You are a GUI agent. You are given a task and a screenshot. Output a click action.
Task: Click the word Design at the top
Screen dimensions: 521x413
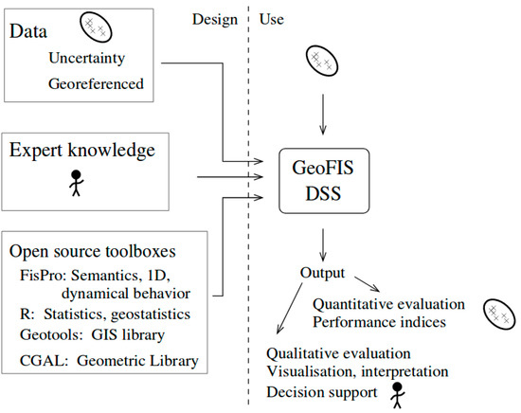pyautogui.click(x=215, y=20)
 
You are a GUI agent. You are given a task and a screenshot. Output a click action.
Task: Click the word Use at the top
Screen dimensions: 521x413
pyautogui.click(x=272, y=19)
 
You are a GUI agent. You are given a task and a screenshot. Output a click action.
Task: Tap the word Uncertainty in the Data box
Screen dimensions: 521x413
pyautogui.click(x=87, y=59)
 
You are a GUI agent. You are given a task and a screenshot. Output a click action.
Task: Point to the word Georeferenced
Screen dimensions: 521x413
pyautogui.click(x=96, y=83)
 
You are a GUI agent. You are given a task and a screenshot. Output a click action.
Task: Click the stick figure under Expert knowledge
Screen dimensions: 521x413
pyautogui.click(x=77, y=183)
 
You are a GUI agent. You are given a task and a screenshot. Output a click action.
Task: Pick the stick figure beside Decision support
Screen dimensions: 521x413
pyautogui.click(x=397, y=395)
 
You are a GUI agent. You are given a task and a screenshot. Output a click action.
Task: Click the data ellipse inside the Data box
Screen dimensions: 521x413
pyautogui.click(x=96, y=27)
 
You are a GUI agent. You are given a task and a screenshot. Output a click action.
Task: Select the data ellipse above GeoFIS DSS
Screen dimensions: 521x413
pyautogui.click(x=322, y=62)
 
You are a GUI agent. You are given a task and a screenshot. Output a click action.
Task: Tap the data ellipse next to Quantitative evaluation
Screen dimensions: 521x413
pyautogui.click(x=499, y=314)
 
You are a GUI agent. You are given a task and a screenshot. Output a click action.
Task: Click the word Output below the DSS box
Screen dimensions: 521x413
pyautogui.click(x=322, y=273)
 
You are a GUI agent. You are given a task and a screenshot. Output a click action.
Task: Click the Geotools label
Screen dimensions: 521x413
pyautogui.click(x=51, y=334)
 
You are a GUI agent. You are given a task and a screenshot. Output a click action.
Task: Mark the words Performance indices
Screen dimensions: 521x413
pyautogui.click(x=379, y=322)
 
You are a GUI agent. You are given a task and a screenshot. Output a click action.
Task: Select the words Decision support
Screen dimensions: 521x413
pyautogui.click(x=322, y=392)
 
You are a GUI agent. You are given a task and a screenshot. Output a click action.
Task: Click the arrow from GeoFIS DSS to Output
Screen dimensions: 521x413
pyautogui.click(x=323, y=245)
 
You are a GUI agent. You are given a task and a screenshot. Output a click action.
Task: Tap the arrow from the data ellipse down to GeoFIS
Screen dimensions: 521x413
pyautogui.click(x=323, y=115)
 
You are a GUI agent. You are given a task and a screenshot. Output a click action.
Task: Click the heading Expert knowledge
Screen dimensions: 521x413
pyautogui.click(x=82, y=151)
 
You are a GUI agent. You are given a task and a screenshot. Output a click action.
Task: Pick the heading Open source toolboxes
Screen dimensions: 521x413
pyautogui.click(x=93, y=251)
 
